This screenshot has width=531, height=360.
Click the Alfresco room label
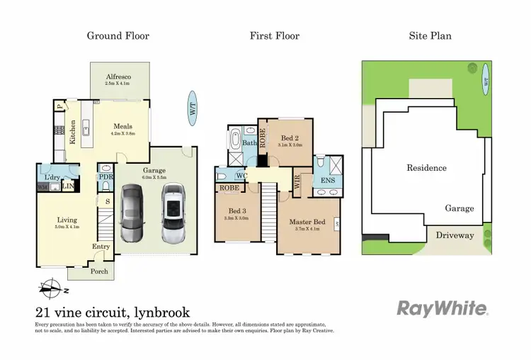click(120, 77)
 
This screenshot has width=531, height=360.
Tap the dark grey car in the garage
click(135, 212)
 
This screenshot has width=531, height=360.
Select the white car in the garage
click(172, 213)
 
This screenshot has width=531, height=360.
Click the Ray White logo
click(442, 308)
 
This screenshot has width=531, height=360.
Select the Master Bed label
click(306, 222)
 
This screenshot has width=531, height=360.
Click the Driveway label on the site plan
click(455, 235)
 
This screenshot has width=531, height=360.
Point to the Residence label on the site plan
click(426, 168)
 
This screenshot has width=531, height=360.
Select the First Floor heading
click(275, 35)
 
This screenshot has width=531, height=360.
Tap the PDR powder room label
click(105, 176)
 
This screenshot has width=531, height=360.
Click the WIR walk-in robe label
click(297, 181)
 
